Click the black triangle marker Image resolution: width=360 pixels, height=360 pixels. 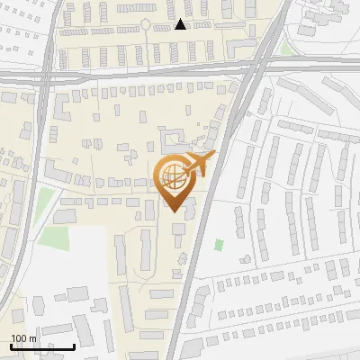click(x=182, y=24)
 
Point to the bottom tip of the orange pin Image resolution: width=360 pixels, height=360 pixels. click(x=174, y=212)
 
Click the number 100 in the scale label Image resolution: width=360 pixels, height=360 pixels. click(x=20, y=338)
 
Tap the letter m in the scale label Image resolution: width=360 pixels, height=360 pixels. click(x=33, y=338)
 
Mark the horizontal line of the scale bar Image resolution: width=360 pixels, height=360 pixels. click(x=42, y=346)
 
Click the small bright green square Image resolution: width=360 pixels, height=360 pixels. click(x=220, y=244)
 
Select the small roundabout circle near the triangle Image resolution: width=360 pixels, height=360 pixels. click(x=145, y=24)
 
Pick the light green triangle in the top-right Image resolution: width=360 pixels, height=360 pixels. click(x=286, y=48)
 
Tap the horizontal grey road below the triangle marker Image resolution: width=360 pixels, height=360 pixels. click(x=162, y=69)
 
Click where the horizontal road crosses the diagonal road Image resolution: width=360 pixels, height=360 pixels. click(x=253, y=67)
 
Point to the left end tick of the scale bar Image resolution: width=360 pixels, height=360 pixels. click(x=11, y=346)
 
